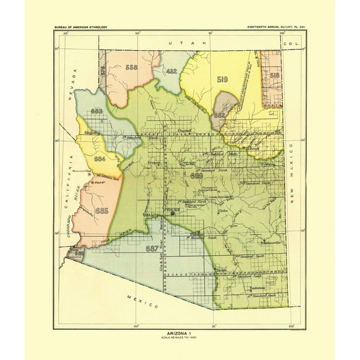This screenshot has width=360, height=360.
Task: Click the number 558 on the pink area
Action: [x=131, y=67]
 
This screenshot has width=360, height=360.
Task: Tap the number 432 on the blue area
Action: [x=172, y=72]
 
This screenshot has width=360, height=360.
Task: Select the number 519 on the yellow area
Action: [x=222, y=80]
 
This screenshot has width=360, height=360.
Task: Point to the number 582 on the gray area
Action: [x=219, y=116]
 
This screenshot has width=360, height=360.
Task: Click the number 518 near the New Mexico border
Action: [x=275, y=75]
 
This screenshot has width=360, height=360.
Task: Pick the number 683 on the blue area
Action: [x=97, y=111]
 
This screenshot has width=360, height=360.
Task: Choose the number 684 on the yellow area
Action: [x=99, y=160]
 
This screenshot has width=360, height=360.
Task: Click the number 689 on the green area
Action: [x=197, y=177]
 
